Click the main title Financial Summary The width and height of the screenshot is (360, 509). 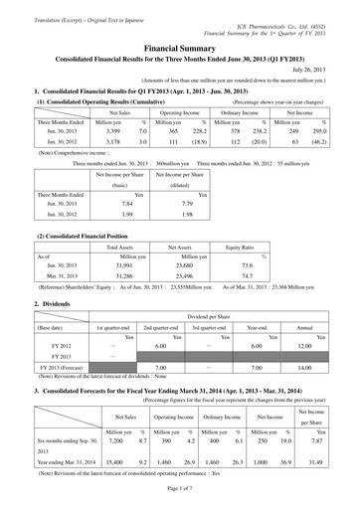180,32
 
